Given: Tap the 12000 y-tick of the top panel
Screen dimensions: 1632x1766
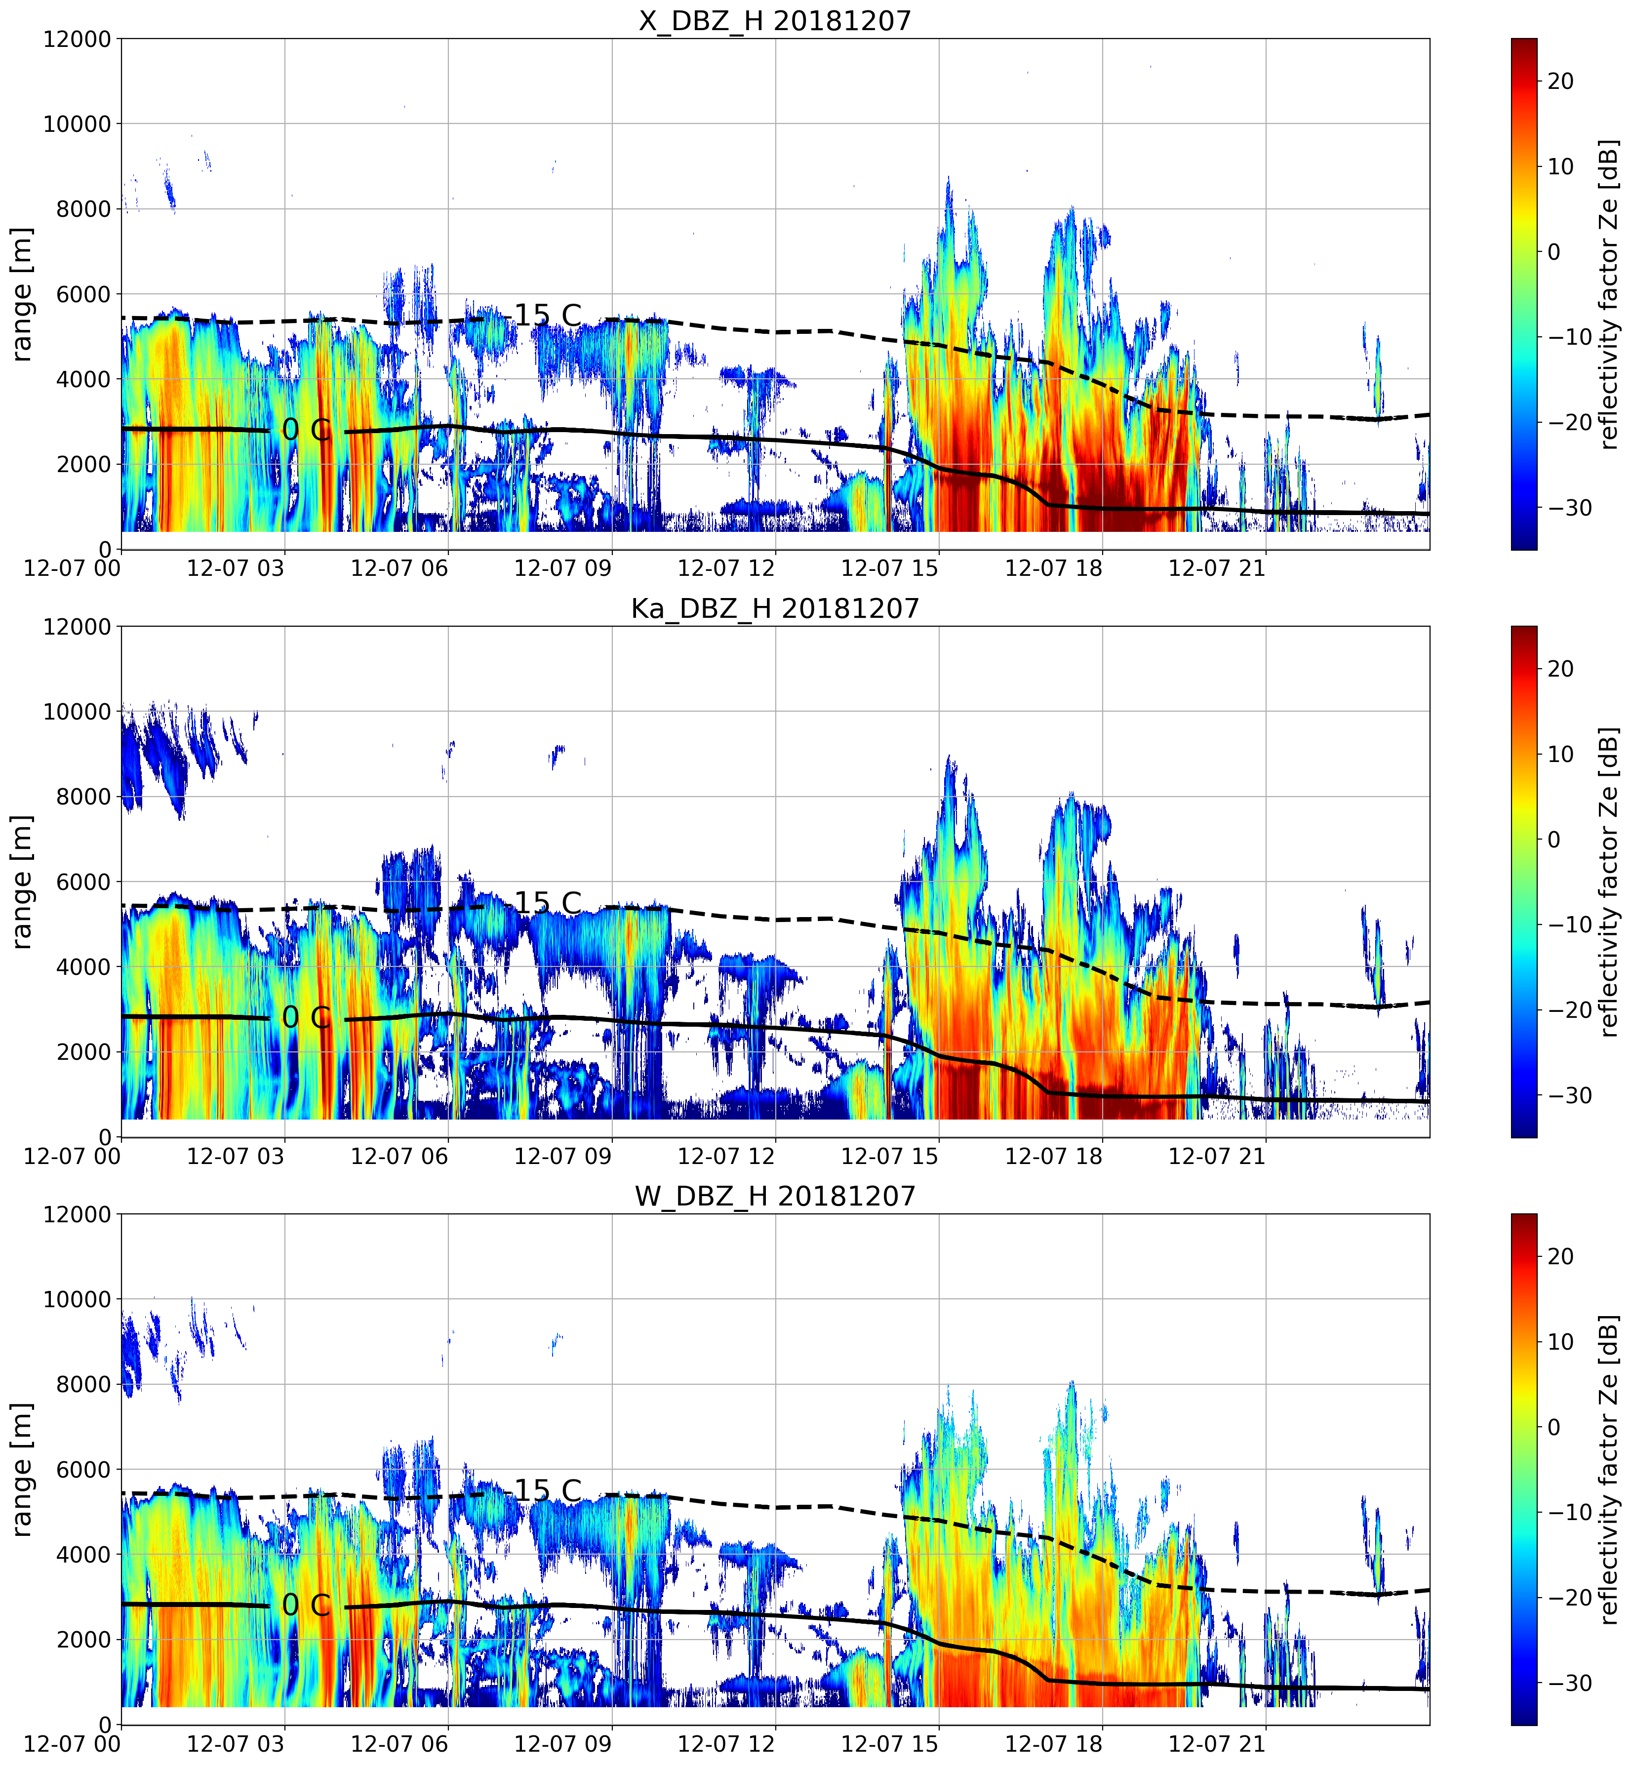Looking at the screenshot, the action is (78, 40).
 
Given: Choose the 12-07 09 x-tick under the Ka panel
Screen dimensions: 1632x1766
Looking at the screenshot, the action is (562, 1156).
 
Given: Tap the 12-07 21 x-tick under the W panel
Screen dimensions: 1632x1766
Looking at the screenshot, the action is (1217, 1744).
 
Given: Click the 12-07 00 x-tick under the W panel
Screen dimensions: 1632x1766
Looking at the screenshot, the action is (73, 1744).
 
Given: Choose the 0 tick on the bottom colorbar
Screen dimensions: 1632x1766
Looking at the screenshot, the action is (1554, 1427).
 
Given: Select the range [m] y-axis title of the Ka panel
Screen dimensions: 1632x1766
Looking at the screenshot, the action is (21, 881).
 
